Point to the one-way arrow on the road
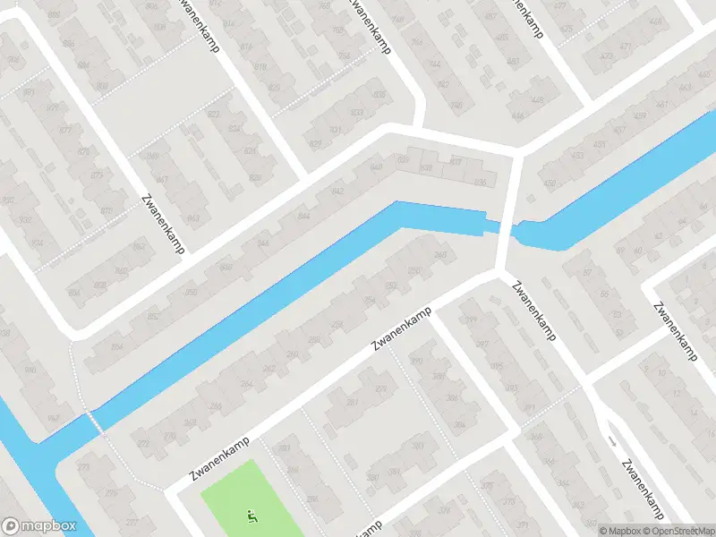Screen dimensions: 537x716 point(612,440)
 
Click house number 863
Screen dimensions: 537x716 point(194,219)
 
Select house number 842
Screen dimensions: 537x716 point(337,192)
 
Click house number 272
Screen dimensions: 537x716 point(143,443)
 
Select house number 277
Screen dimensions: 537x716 point(132,522)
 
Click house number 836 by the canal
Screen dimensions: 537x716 point(481,183)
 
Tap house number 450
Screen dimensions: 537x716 point(549,184)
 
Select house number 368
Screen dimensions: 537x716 point(440,256)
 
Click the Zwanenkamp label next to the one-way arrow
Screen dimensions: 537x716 point(642,488)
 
